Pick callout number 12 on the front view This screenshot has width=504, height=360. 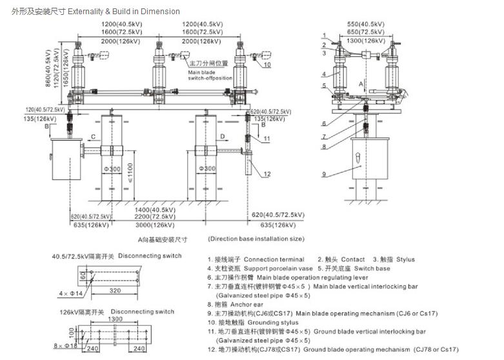tap(267, 174)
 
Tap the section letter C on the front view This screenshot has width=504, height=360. tap(93, 137)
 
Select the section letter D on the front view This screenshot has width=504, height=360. tap(222, 137)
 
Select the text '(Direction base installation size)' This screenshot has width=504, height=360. tap(256, 239)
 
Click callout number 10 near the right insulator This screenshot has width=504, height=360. tap(267, 65)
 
